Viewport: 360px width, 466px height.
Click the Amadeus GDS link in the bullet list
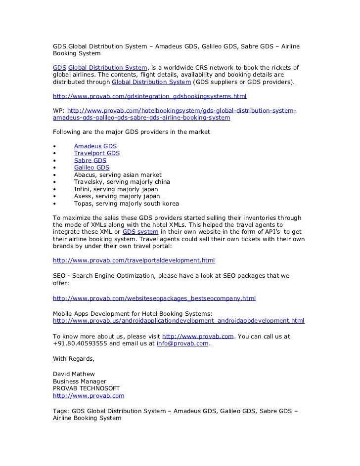click(x=95, y=146)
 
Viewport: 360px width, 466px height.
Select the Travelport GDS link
click(x=96, y=154)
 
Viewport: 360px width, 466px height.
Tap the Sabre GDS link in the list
click(x=90, y=161)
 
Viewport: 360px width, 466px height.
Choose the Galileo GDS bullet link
click(x=91, y=168)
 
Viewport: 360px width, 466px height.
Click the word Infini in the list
click(x=82, y=189)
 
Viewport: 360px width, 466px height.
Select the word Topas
click(x=83, y=204)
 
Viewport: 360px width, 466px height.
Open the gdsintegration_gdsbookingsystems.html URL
click(x=150, y=96)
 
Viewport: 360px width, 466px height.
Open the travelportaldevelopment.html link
click(x=134, y=260)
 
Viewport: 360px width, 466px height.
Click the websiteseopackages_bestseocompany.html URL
click(x=154, y=298)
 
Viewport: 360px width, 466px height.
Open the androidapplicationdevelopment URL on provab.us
click(x=179, y=321)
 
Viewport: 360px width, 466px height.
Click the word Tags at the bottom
click(x=61, y=411)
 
